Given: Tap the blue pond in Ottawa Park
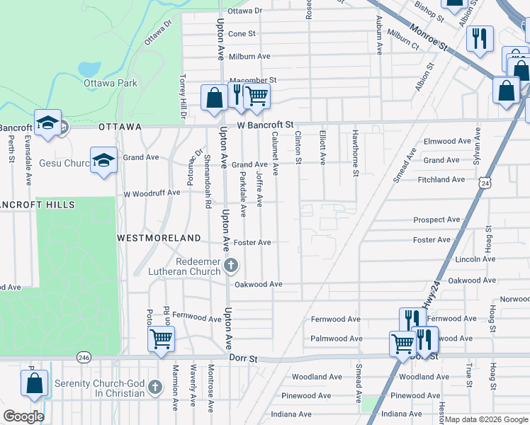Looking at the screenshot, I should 89,69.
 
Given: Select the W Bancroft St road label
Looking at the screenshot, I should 265,125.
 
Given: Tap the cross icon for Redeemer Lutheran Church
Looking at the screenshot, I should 230,266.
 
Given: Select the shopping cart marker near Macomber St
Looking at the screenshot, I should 256,96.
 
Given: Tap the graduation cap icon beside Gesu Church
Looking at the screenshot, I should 103,159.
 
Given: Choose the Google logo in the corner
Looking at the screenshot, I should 23,416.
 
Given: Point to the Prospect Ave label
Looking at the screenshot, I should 436,220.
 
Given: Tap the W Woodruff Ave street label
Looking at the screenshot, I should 152,193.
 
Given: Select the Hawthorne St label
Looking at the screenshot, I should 356,152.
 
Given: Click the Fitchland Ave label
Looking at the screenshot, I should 441,180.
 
